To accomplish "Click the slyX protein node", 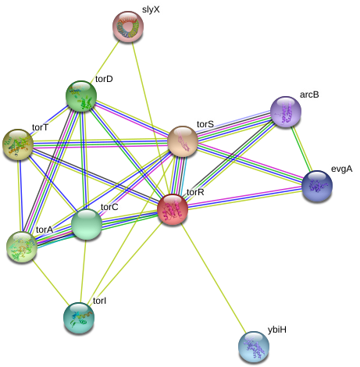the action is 128,27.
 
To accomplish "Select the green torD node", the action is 81,96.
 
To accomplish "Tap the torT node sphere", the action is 18,144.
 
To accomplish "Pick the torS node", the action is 183,141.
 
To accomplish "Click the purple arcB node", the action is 286,112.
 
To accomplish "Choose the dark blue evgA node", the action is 317,186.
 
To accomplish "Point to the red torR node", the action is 173,209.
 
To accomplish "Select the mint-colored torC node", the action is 87,224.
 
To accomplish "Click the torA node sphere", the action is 22,247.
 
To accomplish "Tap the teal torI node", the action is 79,318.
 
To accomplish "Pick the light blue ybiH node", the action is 254,347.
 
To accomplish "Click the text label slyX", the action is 151,9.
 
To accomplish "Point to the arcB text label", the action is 309,94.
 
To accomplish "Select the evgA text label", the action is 341,169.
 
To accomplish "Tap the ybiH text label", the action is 277,330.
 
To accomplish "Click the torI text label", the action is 99,301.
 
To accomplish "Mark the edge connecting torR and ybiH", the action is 214,278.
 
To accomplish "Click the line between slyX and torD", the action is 105,61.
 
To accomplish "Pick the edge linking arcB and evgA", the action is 301,149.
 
